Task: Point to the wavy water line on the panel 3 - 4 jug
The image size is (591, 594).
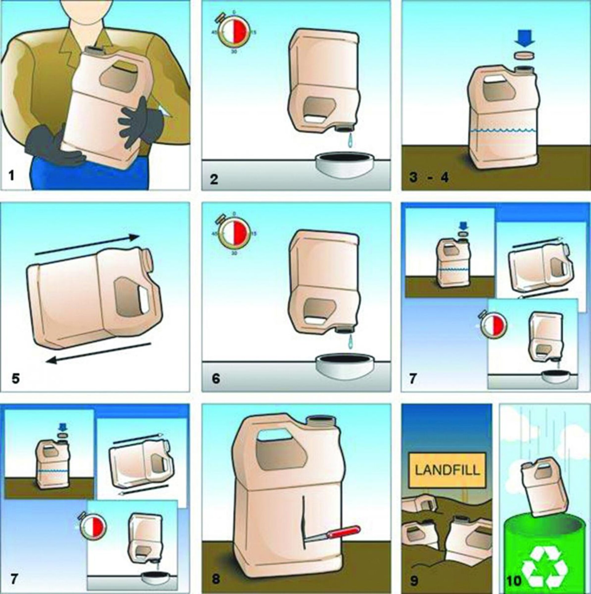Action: pyautogui.click(x=504, y=130)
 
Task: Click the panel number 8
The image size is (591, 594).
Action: pyautogui.click(x=216, y=579)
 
